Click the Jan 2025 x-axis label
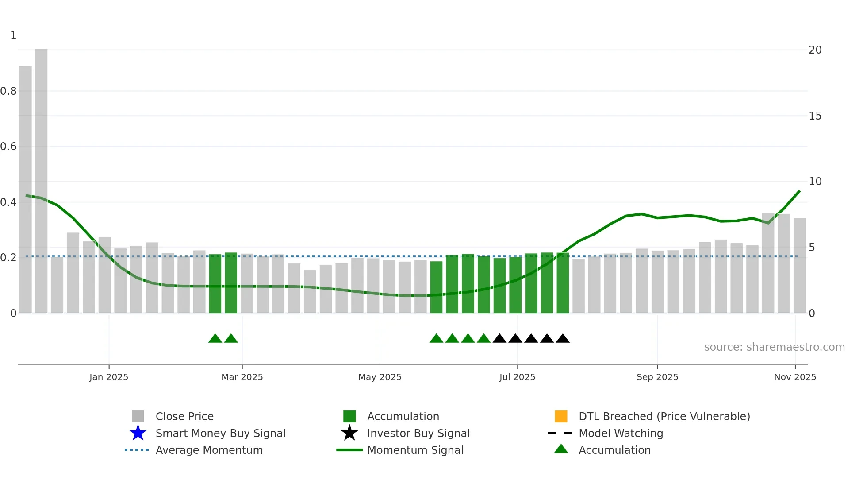(109, 377)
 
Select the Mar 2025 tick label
(242, 377)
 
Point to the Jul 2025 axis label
(517, 377)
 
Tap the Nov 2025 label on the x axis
(795, 377)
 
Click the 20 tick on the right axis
(815, 50)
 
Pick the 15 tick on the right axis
(815, 116)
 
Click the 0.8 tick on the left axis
(8, 91)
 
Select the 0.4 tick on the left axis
(8, 202)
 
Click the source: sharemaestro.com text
(774, 347)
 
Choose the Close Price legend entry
(184, 416)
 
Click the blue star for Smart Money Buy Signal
(138, 433)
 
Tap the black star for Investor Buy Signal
(349, 433)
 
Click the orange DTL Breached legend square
(561, 416)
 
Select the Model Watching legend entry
(621, 433)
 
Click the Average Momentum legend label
(209, 450)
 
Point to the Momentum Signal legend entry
(415, 450)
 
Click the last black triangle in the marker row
(563, 339)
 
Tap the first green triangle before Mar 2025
(215, 339)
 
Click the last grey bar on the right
(799, 266)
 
